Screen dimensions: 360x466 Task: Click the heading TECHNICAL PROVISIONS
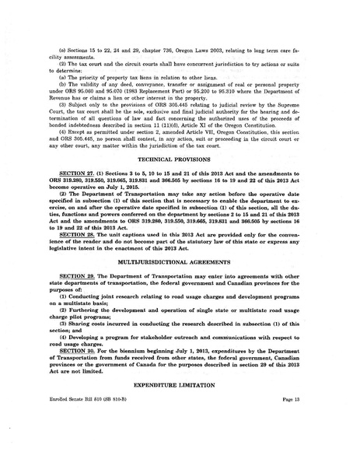[179, 180]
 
